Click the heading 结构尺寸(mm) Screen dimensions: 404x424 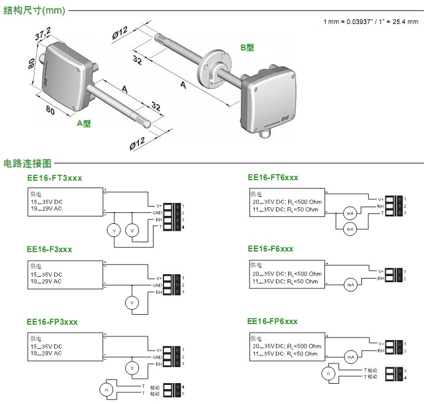tap(34, 10)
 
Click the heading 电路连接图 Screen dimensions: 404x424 tap(28, 164)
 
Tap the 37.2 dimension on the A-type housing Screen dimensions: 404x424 tap(42, 41)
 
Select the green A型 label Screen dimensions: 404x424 tap(84, 123)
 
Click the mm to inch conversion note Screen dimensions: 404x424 tap(371, 22)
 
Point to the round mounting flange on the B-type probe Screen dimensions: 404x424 tap(212, 71)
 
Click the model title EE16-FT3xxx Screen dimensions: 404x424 tap(54, 178)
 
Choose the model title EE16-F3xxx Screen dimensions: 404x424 tap(49, 249)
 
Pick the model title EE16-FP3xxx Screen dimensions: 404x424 tap(52, 322)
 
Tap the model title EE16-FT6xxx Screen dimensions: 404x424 tap(273, 177)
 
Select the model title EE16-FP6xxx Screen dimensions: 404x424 tap(272, 321)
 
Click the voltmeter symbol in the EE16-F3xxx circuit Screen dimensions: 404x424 tap(130, 303)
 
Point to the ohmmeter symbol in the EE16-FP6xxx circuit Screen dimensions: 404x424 tap(329, 373)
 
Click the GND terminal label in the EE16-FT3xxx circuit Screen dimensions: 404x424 tap(157, 212)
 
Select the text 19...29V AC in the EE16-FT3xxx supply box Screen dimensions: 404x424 tap(46, 208)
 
